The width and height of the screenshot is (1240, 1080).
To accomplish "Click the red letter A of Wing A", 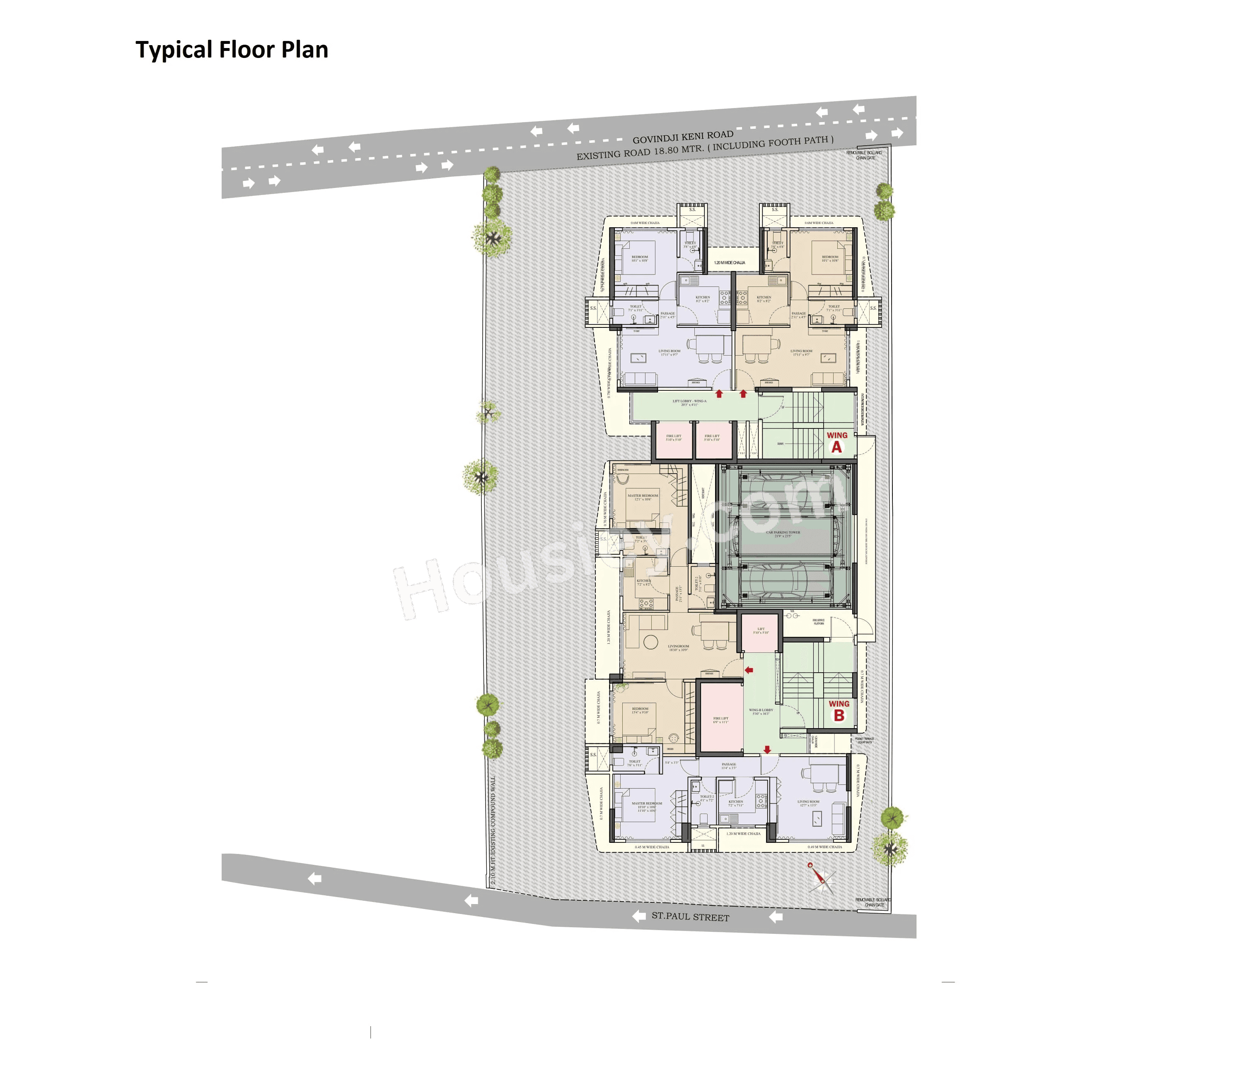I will (836, 447).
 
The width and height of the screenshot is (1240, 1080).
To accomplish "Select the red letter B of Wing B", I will (838, 715).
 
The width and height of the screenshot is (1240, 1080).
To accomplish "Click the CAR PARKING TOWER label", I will (783, 533).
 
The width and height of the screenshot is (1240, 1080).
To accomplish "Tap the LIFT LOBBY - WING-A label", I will (689, 402).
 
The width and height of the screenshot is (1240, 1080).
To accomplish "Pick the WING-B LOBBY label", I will (761, 712).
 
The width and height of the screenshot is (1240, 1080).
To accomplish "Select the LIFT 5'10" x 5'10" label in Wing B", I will (761, 630).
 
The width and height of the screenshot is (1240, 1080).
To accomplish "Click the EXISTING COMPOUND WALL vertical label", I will (493, 831).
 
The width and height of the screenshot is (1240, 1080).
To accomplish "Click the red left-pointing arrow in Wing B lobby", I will (749, 670).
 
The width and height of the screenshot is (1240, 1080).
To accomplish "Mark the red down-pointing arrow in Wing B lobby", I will (767, 750).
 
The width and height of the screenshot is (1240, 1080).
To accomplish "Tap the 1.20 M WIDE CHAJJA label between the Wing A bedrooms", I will (729, 263).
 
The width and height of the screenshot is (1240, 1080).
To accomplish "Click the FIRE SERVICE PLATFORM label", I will (818, 621).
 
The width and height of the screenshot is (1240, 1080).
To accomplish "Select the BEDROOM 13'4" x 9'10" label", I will (640, 710).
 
